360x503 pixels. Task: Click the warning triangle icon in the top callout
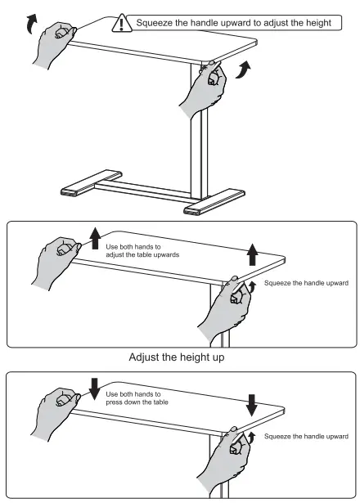pos(124,22)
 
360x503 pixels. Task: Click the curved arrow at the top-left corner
pos(31,24)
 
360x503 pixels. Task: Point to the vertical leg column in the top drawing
pos(197,155)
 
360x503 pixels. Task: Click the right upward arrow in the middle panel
pos(252,254)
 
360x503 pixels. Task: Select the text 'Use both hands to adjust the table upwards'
pos(142,249)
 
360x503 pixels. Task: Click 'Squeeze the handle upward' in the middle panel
pos(307,283)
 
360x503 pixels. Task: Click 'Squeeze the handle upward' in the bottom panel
pos(307,437)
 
